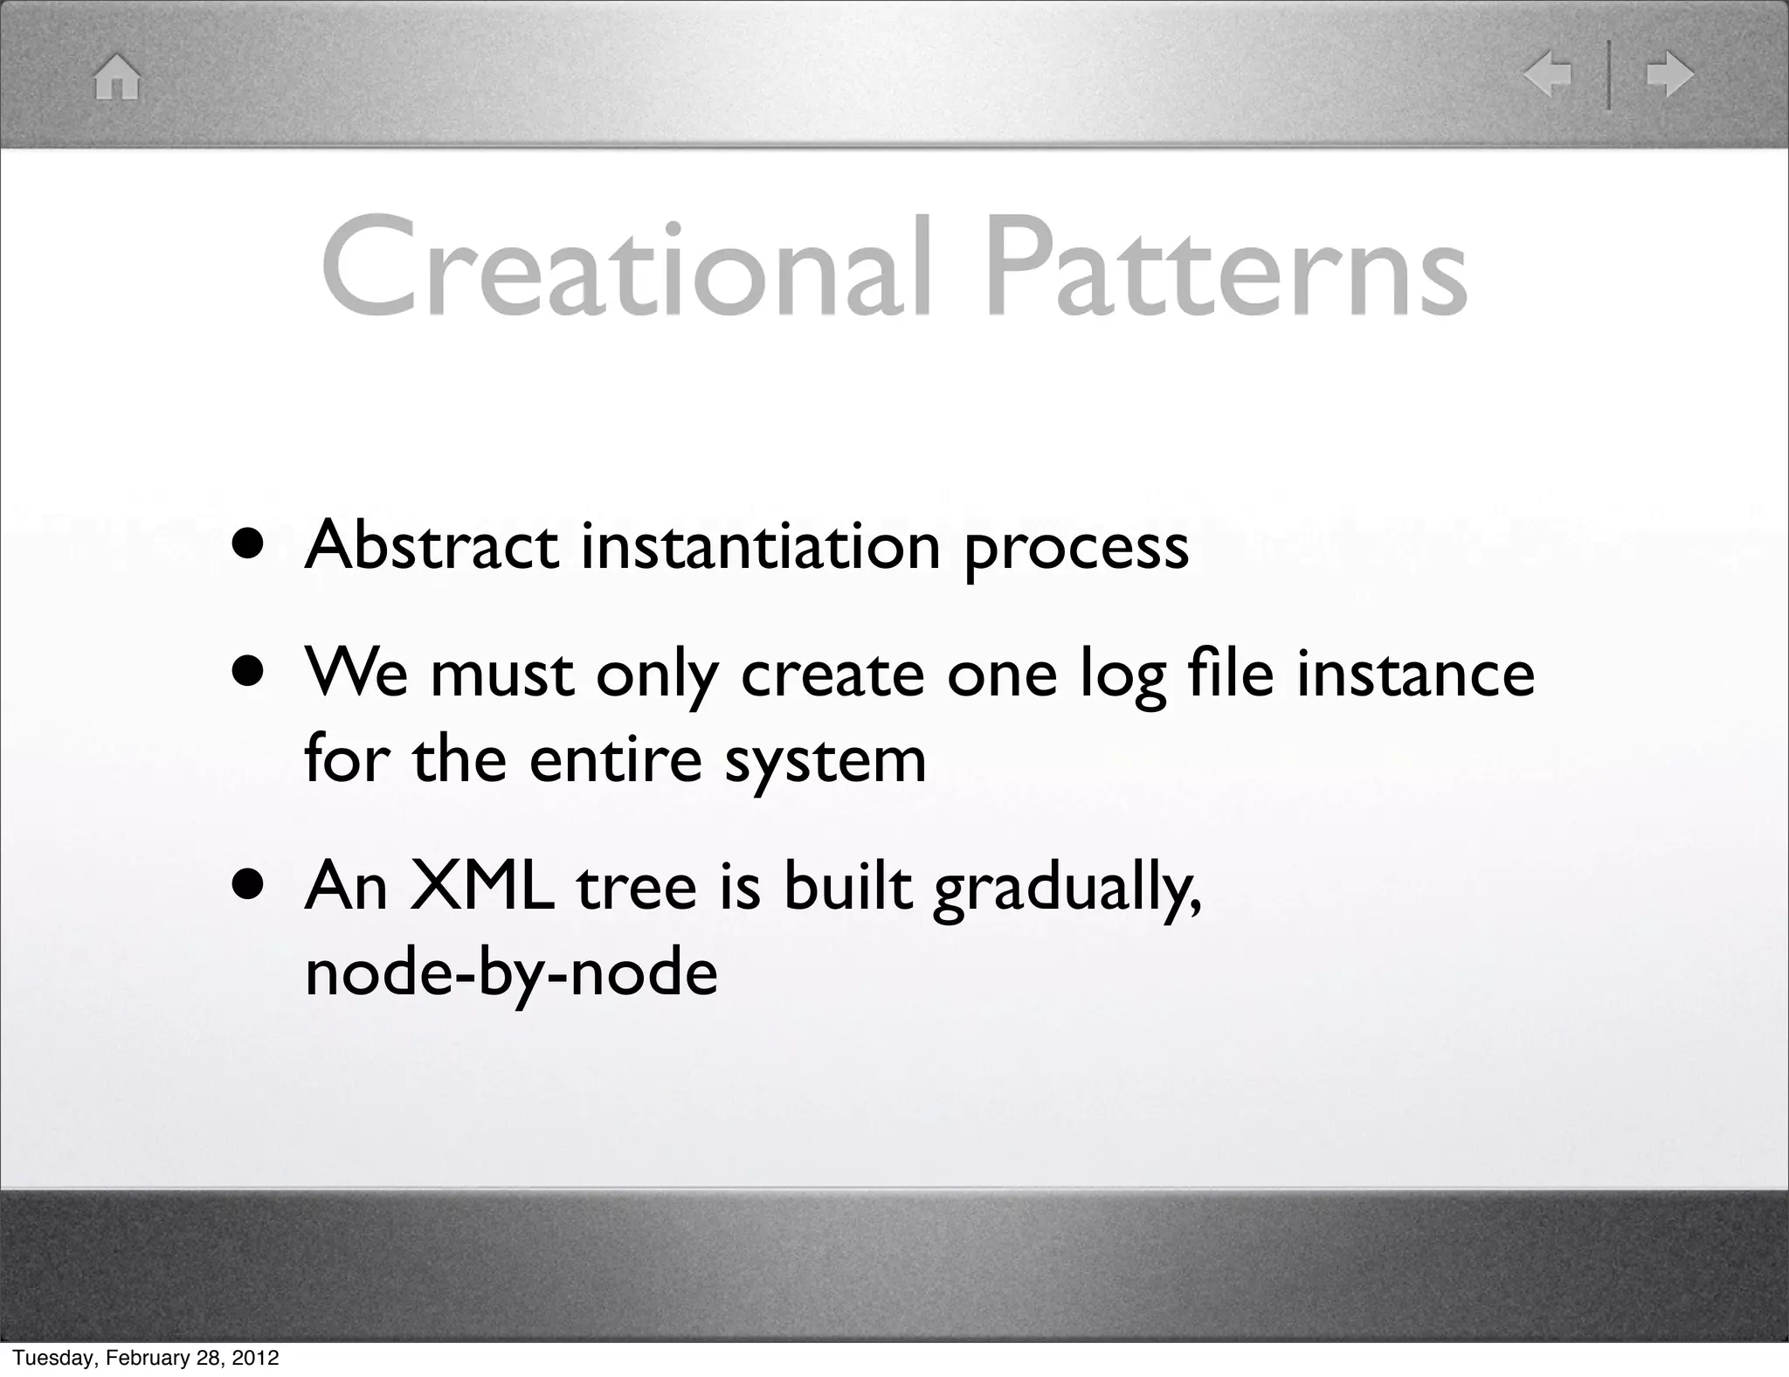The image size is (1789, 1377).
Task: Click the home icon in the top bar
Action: pos(117,77)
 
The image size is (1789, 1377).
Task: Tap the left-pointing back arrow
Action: pos(1547,74)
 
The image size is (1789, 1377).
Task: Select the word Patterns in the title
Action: pos(1226,266)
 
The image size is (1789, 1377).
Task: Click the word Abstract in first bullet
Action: pos(431,546)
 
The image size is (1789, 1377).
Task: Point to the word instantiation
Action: pos(761,546)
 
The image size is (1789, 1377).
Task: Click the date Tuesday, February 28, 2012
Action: pos(145,1357)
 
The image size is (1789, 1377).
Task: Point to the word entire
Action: pos(615,758)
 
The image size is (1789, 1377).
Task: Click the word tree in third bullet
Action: pos(637,887)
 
